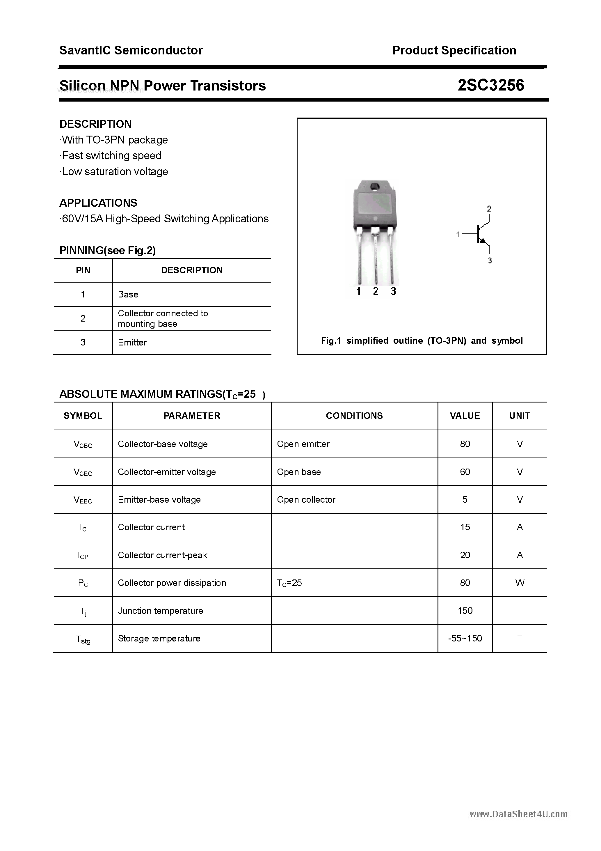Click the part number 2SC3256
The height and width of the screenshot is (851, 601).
(x=490, y=85)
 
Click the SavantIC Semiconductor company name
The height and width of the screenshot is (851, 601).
(x=131, y=50)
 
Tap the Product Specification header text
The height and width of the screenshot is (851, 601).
(x=454, y=50)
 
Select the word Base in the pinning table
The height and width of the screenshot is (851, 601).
(x=128, y=294)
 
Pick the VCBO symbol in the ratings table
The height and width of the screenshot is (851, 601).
(x=83, y=444)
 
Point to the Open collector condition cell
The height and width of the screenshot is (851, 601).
(x=306, y=500)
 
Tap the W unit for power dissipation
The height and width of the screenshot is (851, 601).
(x=520, y=583)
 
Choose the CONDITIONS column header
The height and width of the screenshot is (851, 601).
(x=354, y=416)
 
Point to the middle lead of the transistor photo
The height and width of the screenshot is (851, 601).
(x=375, y=259)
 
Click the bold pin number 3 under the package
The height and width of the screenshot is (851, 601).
(x=393, y=291)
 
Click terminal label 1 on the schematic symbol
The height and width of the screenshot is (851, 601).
(x=458, y=234)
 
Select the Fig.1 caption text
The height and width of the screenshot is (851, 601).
(x=422, y=341)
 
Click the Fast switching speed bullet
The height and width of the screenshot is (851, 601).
(x=111, y=156)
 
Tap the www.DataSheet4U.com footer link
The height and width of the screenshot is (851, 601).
(x=518, y=814)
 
